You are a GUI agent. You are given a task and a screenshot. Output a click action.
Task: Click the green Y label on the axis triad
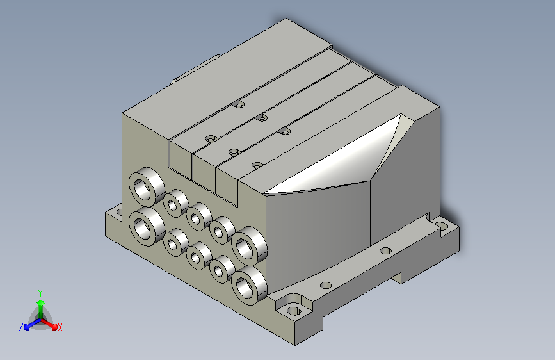[x=40, y=293]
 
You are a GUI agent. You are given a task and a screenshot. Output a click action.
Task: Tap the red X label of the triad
[x=60, y=327]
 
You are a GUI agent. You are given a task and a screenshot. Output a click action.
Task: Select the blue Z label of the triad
[x=21, y=327]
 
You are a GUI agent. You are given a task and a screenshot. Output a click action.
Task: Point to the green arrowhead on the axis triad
[x=41, y=303]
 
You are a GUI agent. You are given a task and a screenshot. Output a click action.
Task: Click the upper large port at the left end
[x=147, y=187]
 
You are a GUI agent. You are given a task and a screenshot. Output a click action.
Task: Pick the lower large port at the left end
[x=147, y=226]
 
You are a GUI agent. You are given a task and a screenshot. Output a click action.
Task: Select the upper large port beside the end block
[x=250, y=246]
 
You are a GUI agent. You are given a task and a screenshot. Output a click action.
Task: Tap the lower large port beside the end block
[x=250, y=285]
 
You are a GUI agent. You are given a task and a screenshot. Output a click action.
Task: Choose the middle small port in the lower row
[x=199, y=256]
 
